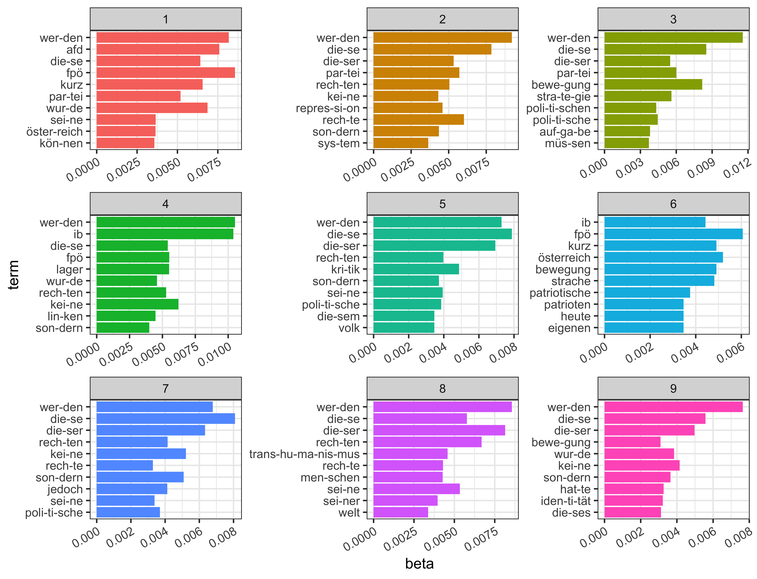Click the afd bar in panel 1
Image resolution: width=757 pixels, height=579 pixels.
click(158, 49)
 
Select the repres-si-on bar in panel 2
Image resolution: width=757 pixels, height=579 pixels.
click(408, 108)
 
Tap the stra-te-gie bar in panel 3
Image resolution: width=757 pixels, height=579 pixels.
click(638, 96)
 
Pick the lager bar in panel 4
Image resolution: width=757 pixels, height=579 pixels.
click(133, 269)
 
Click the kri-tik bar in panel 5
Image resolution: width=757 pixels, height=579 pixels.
click(416, 269)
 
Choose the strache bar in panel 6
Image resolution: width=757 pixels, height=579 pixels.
click(659, 281)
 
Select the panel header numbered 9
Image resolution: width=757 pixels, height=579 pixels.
click(673, 388)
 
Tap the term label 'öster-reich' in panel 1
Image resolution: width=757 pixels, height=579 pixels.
click(54, 132)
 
